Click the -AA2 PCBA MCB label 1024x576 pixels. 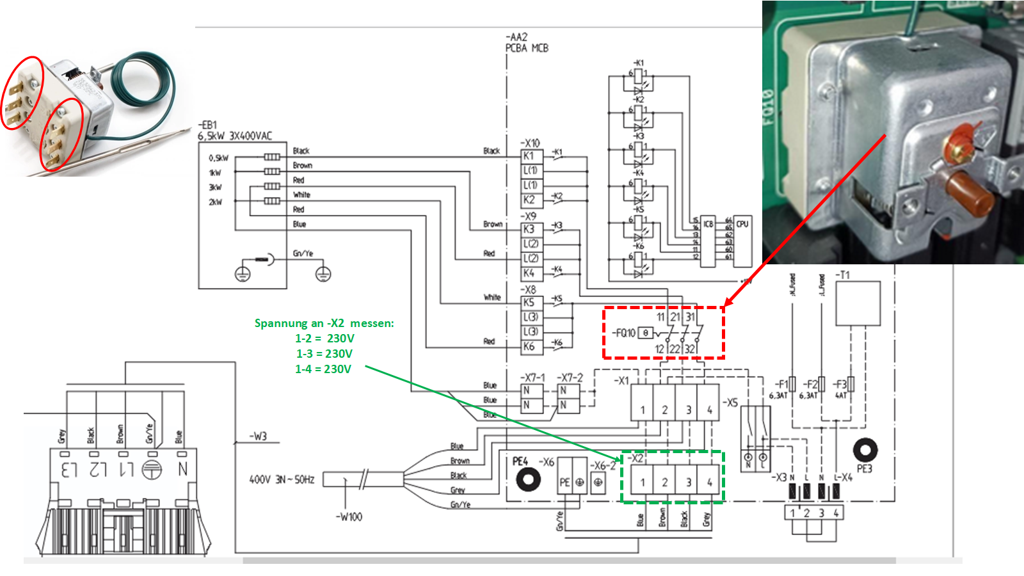(x=526, y=43)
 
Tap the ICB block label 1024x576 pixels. (x=708, y=224)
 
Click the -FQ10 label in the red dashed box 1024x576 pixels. (x=623, y=333)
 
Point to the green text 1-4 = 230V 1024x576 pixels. (x=323, y=369)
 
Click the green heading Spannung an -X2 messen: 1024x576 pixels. (x=324, y=323)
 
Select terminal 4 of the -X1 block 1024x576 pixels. (x=709, y=410)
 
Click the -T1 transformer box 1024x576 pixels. (x=858, y=303)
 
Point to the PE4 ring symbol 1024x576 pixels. (x=528, y=480)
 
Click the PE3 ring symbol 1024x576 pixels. (x=865, y=450)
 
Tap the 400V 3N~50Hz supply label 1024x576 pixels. (x=282, y=479)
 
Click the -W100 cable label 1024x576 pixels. (x=349, y=516)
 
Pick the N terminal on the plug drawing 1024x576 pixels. (x=183, y=469)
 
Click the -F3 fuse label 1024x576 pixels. (x=840, y=384)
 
